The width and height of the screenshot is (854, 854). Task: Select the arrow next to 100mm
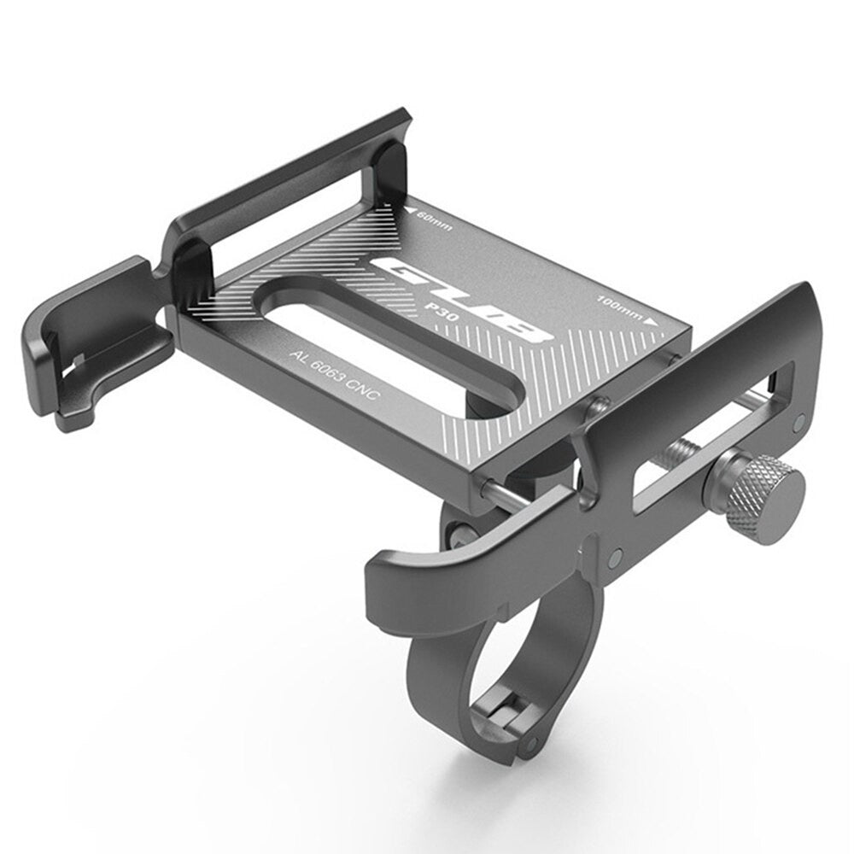(x=652, y=323)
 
